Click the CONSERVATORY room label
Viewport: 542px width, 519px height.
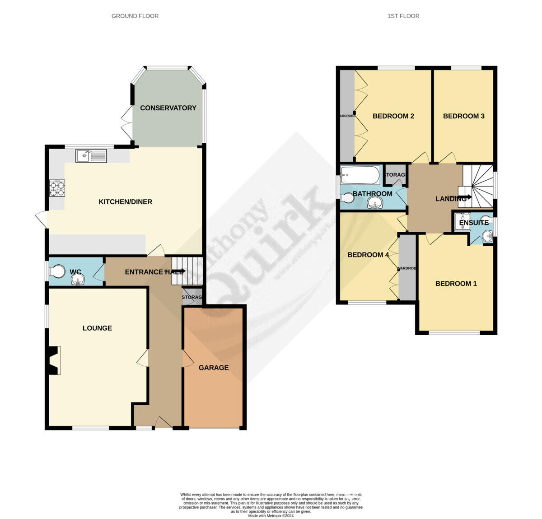(168, 108)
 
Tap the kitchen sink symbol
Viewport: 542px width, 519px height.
(91, 156)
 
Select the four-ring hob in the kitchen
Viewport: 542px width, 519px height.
(57, 188)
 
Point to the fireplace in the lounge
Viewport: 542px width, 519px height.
(53, 360)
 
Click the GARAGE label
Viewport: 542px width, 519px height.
(214, 368)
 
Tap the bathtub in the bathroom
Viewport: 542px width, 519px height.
(360, 175)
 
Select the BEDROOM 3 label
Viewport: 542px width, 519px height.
(463, 116)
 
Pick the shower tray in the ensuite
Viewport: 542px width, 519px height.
(463, 221)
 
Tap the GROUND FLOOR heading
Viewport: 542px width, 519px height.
(135, 16)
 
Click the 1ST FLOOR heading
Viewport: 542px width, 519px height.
(403, 16)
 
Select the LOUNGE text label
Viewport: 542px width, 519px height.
(97, 328)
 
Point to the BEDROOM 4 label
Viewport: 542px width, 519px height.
(368, 255)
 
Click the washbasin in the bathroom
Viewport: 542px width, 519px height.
(375, 205)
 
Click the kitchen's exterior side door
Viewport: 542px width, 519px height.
(41, 220)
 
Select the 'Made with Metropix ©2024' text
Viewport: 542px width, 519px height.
(271, 516)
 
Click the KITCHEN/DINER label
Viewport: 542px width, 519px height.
(126, 202)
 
